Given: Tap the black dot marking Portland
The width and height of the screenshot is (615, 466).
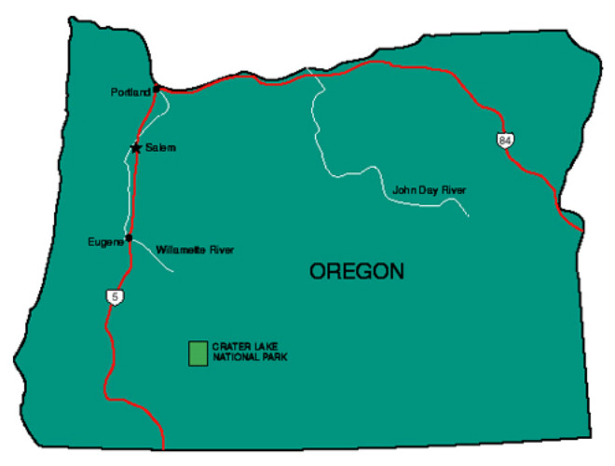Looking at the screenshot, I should click(157, 89).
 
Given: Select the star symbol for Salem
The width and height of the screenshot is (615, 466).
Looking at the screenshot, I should click(136, 147).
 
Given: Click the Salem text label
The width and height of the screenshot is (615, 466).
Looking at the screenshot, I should click(160, 147).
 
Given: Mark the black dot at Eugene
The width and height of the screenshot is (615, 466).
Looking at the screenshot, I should click(129, 239).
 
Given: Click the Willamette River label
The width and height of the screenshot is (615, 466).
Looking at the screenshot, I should click(196, 250).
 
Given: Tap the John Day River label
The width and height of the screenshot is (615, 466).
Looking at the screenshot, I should click(429, 190).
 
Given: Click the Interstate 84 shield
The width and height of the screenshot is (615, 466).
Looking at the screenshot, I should click(505, 140).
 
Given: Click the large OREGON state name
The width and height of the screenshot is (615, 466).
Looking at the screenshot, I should click(357, 272).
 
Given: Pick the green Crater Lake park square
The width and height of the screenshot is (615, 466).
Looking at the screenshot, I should click(198, 353).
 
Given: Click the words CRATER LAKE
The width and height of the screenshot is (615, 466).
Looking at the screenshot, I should click(239, 348).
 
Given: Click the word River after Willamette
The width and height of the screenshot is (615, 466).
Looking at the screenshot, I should click(222, 250).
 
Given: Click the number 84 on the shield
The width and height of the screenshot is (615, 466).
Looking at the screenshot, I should click(505, 140).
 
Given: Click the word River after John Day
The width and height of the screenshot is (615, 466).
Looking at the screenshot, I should click(453, 190).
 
